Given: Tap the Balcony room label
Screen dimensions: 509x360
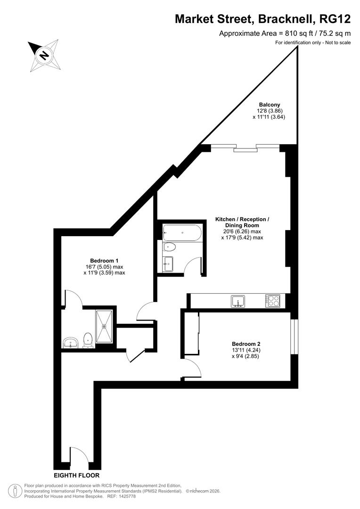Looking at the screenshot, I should (269, 105).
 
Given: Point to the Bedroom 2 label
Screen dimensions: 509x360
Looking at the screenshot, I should (245, 344).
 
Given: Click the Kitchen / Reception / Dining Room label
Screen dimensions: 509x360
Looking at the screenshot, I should (242, 220).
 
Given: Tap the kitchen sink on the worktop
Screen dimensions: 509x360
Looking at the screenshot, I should (238, 301).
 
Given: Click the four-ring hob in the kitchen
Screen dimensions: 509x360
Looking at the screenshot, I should (273, 301).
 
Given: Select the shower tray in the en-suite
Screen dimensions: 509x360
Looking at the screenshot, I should (104, 326).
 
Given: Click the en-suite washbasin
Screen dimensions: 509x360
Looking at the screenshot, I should (71, 342).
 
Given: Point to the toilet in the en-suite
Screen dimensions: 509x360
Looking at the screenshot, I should (88, 340).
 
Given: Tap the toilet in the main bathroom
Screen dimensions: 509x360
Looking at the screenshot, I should (170, 247).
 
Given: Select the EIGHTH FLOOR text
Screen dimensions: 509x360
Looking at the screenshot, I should (76, 476).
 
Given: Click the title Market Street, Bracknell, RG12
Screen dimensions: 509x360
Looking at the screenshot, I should (263, 19).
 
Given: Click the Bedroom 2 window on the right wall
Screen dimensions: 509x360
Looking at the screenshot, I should (294, 337).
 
